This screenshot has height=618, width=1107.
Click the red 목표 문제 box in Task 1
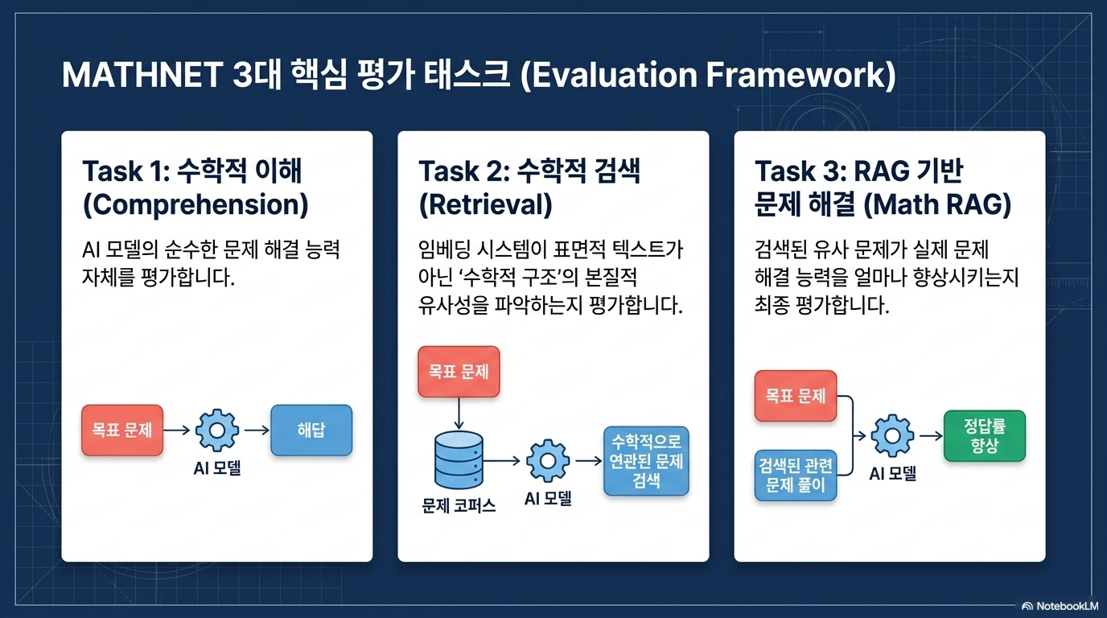[x=122, y=431]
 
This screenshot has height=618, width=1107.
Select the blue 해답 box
[x=311, y=431]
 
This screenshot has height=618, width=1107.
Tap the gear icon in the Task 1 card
[x=217, y=431]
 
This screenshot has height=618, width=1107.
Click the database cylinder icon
[x=459, y=459]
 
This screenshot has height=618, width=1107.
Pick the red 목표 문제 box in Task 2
[x=459, y=372]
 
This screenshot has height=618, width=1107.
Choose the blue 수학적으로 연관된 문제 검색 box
[x=646, y=461]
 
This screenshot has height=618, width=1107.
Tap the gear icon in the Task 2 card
[x=548, y=461]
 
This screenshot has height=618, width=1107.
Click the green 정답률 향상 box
[x=985, y=436]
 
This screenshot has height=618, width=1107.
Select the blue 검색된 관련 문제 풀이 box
[x=796, y=475]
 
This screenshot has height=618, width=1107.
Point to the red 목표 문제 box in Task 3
[x=796, y=396]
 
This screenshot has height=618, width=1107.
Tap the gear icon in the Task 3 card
[x=892, y=436]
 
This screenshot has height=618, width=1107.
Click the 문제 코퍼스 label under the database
[x=459, y=506]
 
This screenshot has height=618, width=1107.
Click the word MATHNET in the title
[x=142, y=75]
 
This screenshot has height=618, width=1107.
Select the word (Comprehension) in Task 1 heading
[x=195, y=204]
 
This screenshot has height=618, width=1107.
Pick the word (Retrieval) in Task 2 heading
[x=485, y=204]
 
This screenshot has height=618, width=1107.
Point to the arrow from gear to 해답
[x=257, y=431]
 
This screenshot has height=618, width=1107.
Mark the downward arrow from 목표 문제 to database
[x=459, y=414]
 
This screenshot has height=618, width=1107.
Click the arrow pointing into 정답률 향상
[x=931, y=436]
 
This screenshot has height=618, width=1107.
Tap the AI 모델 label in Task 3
[x=892, y=474]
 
